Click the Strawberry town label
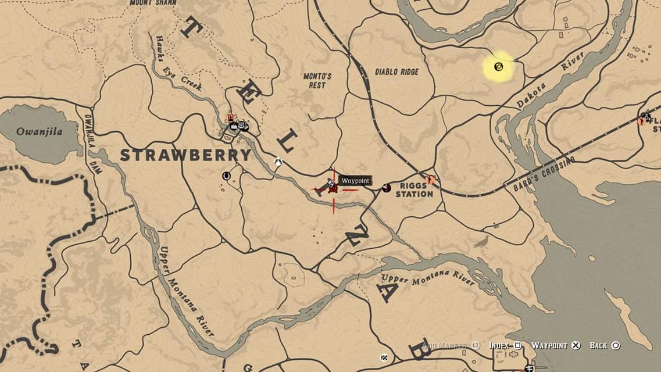coord(186,155)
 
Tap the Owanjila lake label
coord(39,131)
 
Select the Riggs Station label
coord(414,190)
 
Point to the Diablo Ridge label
coord(396,71)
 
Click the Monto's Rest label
coord(317,81)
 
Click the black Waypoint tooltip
coord(355,181)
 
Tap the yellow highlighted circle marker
coord(499,67)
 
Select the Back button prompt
coord(605,345)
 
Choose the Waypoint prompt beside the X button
coord(555,345)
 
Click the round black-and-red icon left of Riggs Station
coord(387,187)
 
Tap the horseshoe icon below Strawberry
coord(226,175)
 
